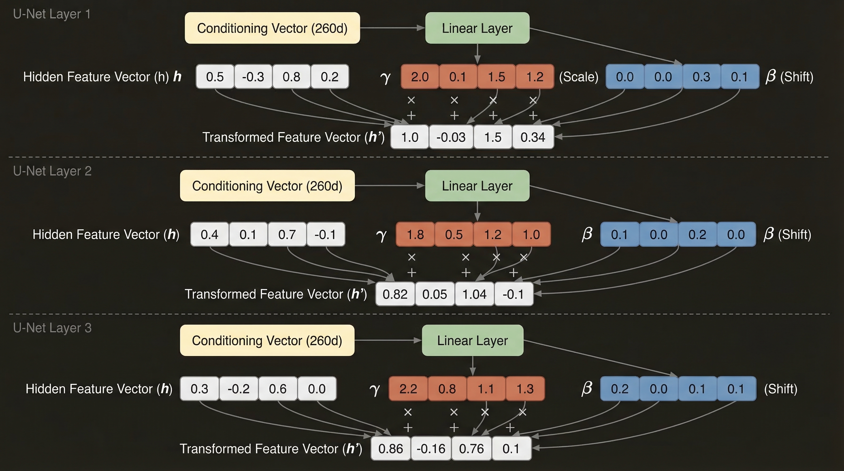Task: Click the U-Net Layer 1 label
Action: coord(52,14)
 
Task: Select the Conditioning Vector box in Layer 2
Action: coord(267,186)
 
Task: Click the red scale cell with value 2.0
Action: coord(420,77)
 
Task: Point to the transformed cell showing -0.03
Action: coord(451,137)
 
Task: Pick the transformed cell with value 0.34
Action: coord(533,137)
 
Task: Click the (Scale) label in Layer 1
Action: coord(579,77)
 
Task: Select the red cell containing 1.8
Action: coord(415,235)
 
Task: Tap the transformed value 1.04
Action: coord(474,294)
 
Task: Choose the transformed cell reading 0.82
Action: coord(395,294)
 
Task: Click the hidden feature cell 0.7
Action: coord(287,235)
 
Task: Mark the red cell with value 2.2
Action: coord(408,389)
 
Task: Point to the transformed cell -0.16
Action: coord(431,449)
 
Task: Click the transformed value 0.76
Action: coord(471,449)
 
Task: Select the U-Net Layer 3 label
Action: coord(52,328)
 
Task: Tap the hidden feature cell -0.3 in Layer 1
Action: coord(253,77)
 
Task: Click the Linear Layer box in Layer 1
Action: coord(477,28)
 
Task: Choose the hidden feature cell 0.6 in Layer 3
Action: coord(278,389)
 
